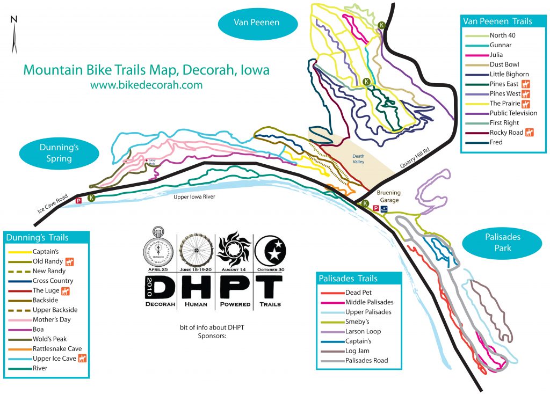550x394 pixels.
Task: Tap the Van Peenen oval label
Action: pyautogui.click(x=257, y=23)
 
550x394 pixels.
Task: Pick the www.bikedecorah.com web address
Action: pyautogui.click(x=146, y=85)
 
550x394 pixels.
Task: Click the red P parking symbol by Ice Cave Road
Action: pyautogui.click(x=78, y=201)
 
